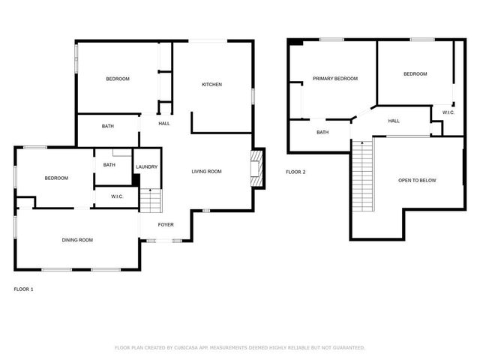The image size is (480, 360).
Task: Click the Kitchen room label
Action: pyautogui.click(x=211, y=84)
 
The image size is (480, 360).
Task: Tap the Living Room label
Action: pyautogui.click(x=206, y=172)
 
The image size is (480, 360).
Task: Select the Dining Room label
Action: pyautogui.click(x=77, y=240)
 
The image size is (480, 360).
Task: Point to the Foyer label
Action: pyautogui.click(x=166, y=224)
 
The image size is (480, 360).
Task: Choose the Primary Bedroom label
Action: pyautogui.click(x=335, y=79)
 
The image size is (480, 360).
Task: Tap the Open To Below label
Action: pyautogui.click(x=417, y=181)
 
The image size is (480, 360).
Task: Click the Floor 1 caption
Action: pyautogui.click(x=24, y=289)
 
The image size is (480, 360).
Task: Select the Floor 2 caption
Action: pyautogui.click(x=295, y=172)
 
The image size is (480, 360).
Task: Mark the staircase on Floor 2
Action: pyautogui.click(x=362, y=176)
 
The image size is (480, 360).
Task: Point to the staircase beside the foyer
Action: pyautogui.click(x=151, y=200)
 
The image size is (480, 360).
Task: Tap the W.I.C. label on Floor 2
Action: pyautogui.click(x=448, y=112)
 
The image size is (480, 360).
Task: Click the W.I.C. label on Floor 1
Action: pyautogui.click(x=117, y=196)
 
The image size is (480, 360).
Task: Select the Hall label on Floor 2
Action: pyautogui.click(x=393, y=121)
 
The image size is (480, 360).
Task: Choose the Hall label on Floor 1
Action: pyautogui.click(x=163, y=124)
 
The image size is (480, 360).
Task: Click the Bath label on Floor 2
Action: pyautogui.click(x=322, y=133)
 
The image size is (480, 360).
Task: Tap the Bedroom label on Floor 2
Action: pyautogui.click(x=415, y=73)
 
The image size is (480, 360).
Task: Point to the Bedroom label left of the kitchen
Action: pyautogui.click(x=117, y=79)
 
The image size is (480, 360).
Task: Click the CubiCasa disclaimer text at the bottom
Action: pyautogui.click(x=239, y=348)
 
